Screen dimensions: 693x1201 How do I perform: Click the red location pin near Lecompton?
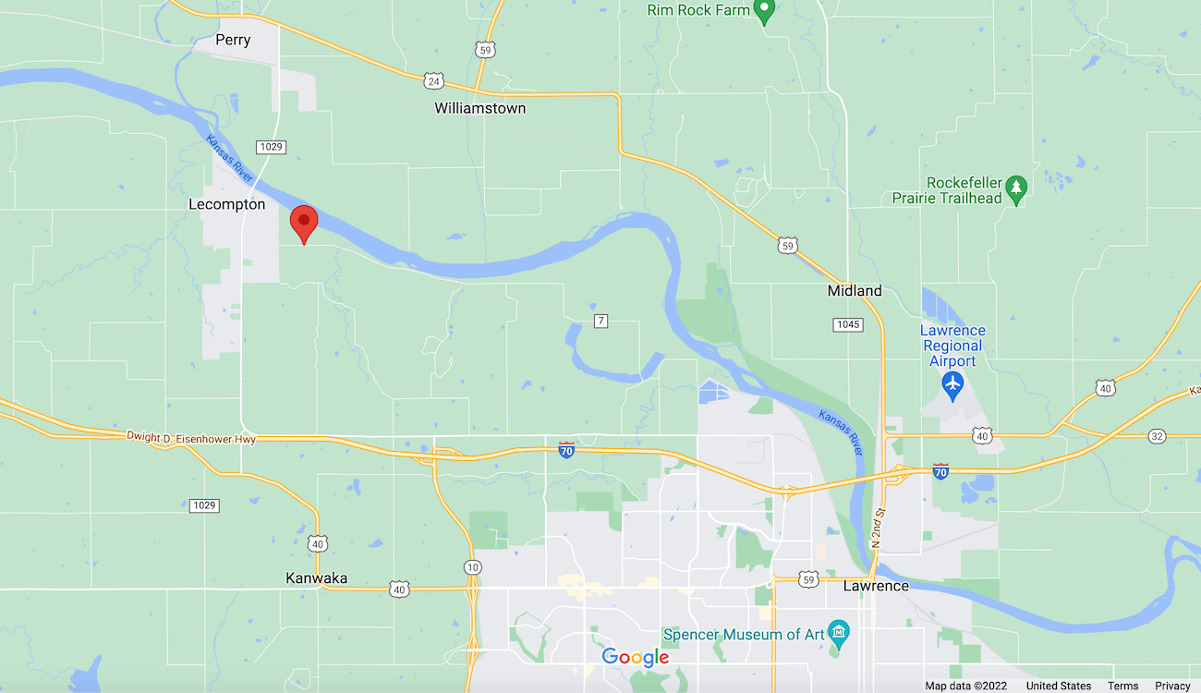(304, 223)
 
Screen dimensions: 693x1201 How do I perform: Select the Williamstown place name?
(480, 108)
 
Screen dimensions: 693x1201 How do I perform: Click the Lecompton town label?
(226, 204)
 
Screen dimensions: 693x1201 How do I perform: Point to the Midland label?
(854, 291)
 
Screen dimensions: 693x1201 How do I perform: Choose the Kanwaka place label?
(316, 578)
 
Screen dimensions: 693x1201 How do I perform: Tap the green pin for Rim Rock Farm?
(763, 11)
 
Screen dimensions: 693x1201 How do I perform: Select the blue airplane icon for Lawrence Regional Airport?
(952, 382)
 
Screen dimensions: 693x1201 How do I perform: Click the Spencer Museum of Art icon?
(838, 633)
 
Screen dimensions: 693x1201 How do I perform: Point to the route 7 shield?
(600, 321)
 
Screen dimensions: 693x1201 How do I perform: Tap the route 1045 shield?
(847, 324)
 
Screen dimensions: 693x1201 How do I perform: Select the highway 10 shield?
(472, 566)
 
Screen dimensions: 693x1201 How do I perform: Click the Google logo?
(636, 657)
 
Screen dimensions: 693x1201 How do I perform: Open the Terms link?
(1122, 686)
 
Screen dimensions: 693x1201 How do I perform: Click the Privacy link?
(1172, 686)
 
